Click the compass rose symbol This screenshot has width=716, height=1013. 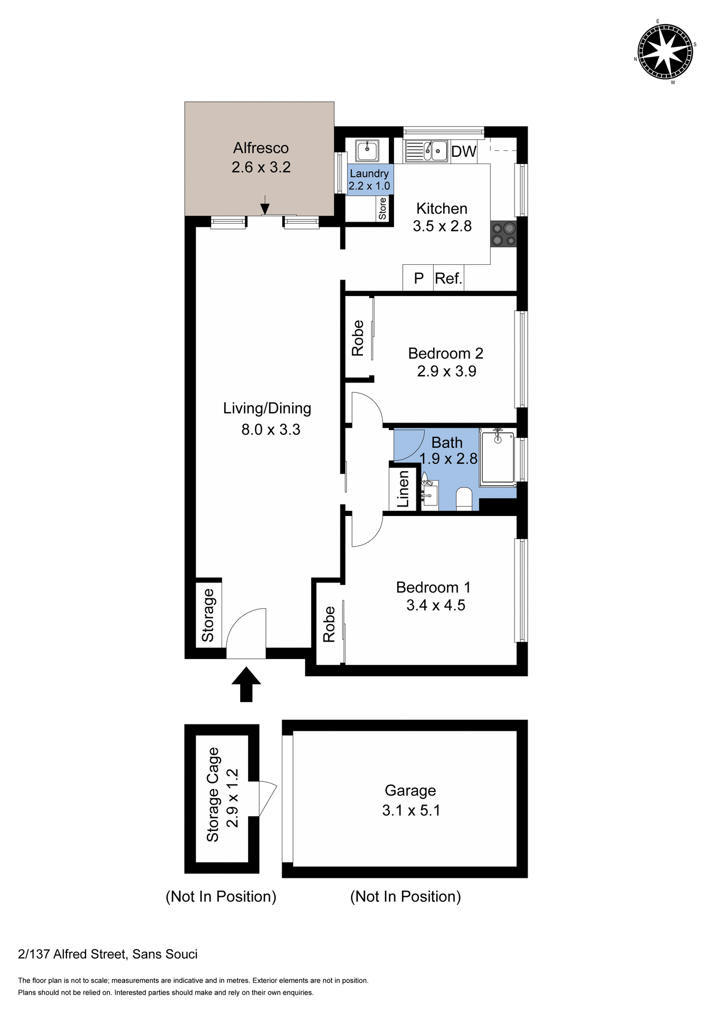click(x=665, y=52)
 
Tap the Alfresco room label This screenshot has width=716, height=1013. click(x=261, y=148)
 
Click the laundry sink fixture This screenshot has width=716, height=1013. click(x=367, y=151)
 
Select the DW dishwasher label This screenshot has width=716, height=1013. click(x=464, y=151)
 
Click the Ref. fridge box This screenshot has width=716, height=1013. click(x=448, y=278)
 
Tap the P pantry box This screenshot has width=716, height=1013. click(x=418, y=278)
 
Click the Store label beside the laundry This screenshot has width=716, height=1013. click(x=383, y=208)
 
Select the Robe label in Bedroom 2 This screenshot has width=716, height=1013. click(x=358, y=338)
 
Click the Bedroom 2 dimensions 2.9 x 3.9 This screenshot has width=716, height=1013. click(x=446, y=371)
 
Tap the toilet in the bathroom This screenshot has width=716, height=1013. click(x=464, y=499)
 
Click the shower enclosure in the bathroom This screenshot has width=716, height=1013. click(x=497, y=457)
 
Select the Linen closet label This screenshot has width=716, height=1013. click(x=403, y=489)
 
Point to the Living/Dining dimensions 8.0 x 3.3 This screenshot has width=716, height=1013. click(x=271, y=429)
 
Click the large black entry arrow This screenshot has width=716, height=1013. click(x=246, y=684)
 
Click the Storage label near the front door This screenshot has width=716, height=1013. click(x=208, y=615)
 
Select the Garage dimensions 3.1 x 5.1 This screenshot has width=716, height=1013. click(x=411, y=810)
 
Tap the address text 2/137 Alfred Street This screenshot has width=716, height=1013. click(x=108, y=954)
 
